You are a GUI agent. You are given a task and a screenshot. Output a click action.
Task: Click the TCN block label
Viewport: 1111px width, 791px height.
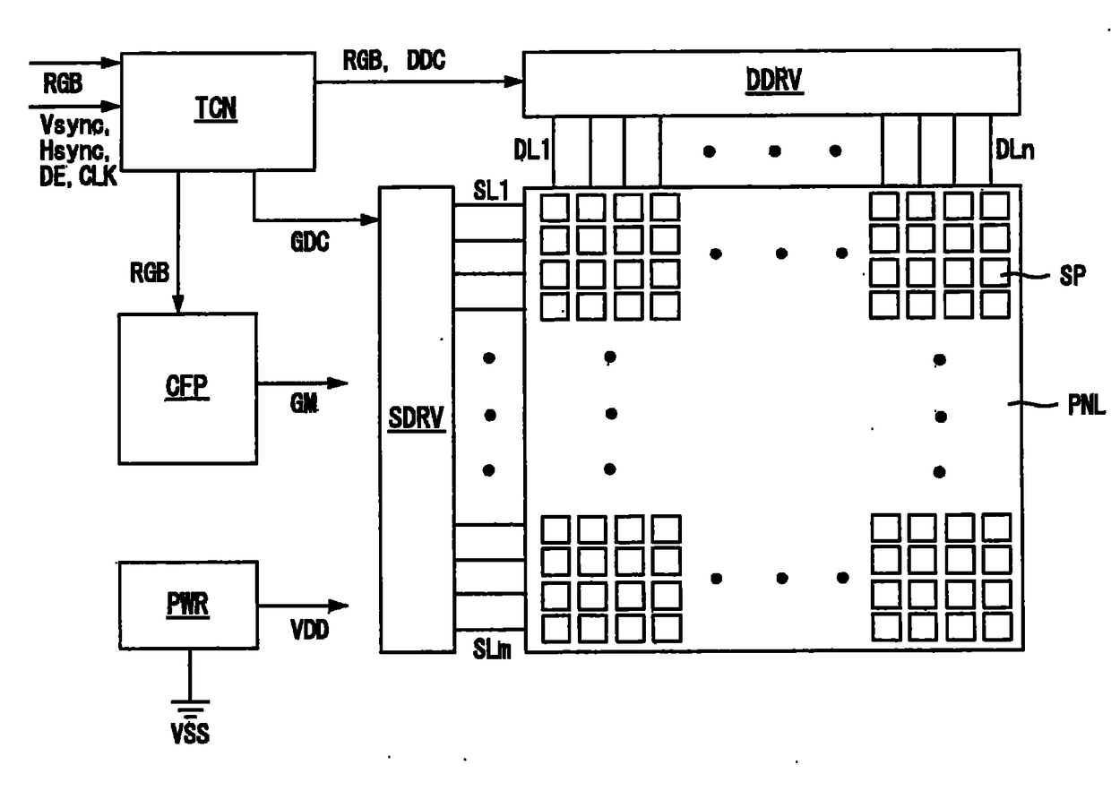[216, 108]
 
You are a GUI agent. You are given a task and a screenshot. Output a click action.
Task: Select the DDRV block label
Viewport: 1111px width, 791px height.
[774, 80]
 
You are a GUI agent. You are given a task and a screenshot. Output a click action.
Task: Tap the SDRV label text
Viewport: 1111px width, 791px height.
[416, 417]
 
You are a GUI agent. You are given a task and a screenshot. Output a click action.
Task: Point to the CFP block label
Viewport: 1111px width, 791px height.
[186, 386]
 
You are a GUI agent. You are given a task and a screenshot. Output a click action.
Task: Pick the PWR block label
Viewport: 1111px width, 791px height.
[187, 605]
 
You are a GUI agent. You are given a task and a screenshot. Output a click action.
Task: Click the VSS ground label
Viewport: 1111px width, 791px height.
[190, 734]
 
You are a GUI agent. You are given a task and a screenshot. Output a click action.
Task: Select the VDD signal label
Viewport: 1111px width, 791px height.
[309, 631]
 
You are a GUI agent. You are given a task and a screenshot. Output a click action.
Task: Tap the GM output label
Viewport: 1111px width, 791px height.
[304, 403]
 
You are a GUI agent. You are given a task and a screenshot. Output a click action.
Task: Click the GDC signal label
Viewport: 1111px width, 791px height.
[310, 242]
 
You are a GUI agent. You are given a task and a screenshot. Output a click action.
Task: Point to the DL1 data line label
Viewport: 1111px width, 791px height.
[531, 150]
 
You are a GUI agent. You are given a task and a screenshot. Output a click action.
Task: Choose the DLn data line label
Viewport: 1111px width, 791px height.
[1015, 150]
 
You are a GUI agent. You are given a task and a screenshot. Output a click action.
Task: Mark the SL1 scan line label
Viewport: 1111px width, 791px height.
[491, 190]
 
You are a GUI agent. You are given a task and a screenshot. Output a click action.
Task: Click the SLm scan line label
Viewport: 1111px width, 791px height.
[492, 649]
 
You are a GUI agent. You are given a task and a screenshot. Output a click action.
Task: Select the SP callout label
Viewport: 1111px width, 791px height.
[1072, 275]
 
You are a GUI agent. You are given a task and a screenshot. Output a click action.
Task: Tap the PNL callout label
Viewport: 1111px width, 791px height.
[1087, 405]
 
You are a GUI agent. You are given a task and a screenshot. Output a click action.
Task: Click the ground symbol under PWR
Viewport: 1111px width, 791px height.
[190, 706]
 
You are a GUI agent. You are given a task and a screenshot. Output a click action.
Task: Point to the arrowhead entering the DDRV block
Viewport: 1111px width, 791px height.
[513, 82]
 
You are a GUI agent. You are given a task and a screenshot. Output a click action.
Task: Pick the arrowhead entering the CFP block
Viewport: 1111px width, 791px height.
[178, 304]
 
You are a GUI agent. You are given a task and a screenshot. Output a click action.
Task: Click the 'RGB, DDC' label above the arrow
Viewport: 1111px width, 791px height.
[394, 60]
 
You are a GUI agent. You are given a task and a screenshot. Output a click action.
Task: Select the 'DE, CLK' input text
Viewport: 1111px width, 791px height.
[78, 176]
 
